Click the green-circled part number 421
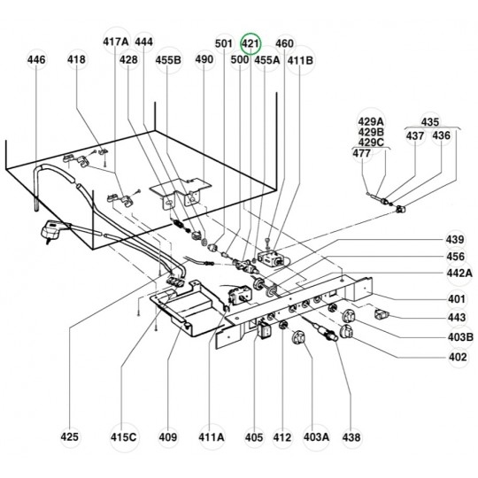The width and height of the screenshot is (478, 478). (x=250, y=43)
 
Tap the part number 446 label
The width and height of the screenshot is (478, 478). (x=36, y=59)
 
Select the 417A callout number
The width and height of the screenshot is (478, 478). (x=116, y=42)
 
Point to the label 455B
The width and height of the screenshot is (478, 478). (x=168, y=60)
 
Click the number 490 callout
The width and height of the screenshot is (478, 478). (x=204, y=59)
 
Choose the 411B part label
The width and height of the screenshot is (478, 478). (x=300, y=60)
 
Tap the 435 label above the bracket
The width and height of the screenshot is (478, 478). (x=430, y=122)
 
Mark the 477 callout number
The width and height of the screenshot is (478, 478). (x=361, y=153)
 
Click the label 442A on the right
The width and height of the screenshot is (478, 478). (x=459, y=274)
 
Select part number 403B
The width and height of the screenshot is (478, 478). (x=460, y=337)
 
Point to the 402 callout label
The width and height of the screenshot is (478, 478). (x=458, y=357)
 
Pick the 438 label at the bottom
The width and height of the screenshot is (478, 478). (x=351, y=437)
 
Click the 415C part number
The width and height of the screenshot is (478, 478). (x=123, y=437)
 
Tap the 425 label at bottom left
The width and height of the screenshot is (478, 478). (x=70, y=437)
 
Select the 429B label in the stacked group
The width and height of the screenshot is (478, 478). (x=371, y=132)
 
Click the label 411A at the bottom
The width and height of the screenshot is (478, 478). (x=212, y=437)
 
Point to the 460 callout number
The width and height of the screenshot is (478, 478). (x=284, y=43)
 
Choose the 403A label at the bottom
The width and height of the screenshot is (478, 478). (x=316, y=437)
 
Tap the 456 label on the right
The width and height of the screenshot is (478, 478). (x=456, y=257)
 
